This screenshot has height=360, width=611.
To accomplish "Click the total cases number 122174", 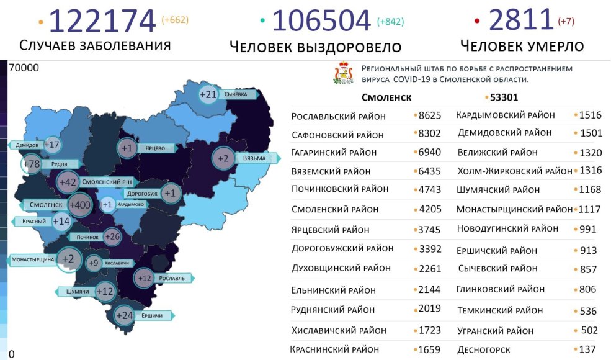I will (x=102, y=21).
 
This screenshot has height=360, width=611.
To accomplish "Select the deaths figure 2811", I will (x=521, y=20).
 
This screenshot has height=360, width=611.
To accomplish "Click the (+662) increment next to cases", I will (x=175, y=20).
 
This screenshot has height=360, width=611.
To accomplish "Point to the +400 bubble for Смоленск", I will (x=79, y=204).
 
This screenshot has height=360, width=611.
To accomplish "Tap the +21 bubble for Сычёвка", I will (x=208, y=95).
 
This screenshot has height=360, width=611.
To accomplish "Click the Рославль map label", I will (x=171, y=278).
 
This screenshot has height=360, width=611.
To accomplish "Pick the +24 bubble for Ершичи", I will (x=125, y=315).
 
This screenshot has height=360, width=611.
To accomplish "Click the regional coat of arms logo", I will (x=344, y=73).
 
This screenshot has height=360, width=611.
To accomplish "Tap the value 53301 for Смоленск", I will (x=504, y=97).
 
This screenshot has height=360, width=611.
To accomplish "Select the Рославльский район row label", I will (x=338, y=116).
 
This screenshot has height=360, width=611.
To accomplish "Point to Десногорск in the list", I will (x=484, y=349).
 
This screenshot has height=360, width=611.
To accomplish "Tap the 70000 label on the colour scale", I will (x=24, y=68).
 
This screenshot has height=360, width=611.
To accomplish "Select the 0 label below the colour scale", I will (x=11, y=354).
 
